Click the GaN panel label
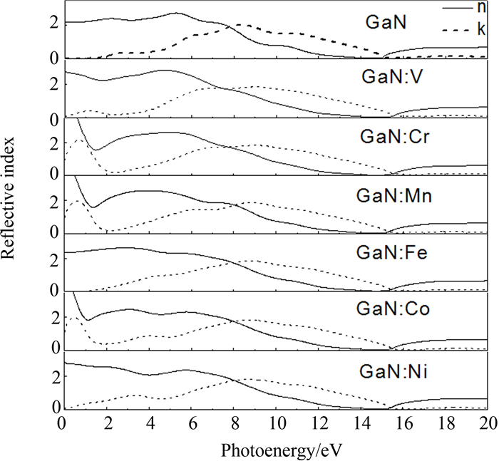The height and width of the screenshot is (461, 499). point(386,23)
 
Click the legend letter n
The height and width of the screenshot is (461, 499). point(482,8)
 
